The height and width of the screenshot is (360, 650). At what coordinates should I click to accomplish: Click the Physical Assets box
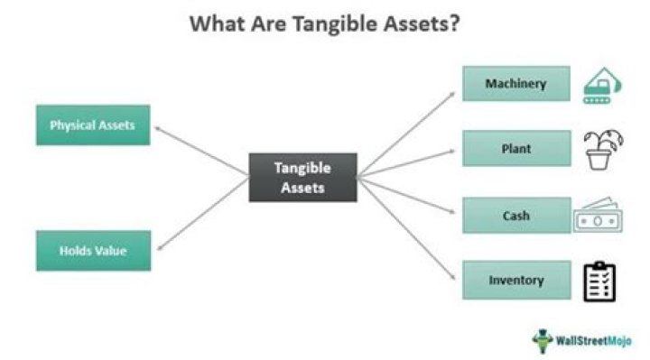tap(93, 125)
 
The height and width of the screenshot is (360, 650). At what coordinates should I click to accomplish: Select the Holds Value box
tap(93, 251)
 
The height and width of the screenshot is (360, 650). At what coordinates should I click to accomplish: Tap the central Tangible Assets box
tap(302, 178)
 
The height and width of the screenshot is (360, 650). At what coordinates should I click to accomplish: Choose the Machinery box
tap(516, 84)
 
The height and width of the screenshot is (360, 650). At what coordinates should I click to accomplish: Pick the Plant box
tap(516, 148)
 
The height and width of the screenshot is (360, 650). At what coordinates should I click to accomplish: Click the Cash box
tap(516, 216)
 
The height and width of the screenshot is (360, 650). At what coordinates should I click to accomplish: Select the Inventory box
tap(516, 280)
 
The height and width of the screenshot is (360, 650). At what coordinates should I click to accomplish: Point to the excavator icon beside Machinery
tap(602, 86)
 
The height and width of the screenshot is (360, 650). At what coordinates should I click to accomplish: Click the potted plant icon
tap(603, 150)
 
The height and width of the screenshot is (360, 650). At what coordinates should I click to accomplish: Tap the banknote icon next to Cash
tap(598, 216)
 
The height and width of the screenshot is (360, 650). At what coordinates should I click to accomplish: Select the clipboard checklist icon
tap(599, 282)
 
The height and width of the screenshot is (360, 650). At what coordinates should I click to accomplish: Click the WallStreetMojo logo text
tap(593, 341)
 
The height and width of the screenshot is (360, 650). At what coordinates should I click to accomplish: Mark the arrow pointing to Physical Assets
tap(201, 151)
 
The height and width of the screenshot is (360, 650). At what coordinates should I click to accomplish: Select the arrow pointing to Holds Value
tap(203, 214)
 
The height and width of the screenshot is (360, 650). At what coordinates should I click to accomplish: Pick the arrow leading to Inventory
tap(406, 228)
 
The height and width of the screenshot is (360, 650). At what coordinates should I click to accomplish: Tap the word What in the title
tap(218, 23)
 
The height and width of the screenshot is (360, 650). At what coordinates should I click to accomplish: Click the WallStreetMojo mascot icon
tap(543, 341)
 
